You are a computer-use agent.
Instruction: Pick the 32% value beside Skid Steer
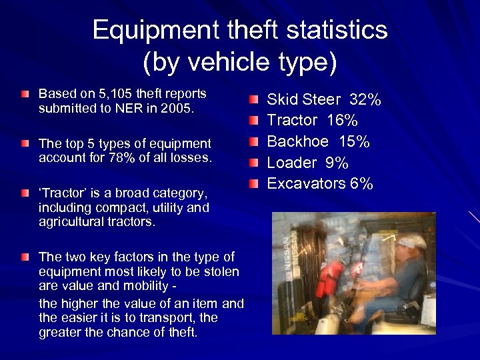(365, 100)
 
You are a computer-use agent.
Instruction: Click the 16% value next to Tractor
(342, 121)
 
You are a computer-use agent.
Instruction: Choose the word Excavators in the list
(306, 183)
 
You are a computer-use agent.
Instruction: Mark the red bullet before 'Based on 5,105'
(25, 95)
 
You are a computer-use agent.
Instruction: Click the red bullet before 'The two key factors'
(25, 257)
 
